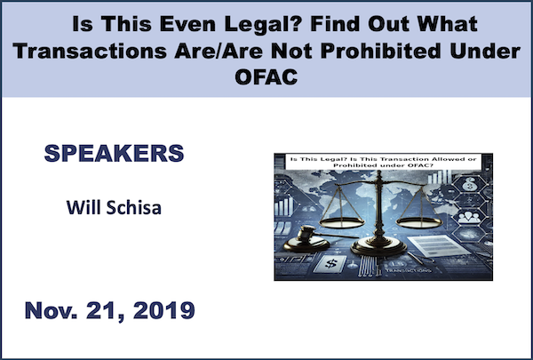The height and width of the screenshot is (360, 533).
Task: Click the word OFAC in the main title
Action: click(x=266, y=77)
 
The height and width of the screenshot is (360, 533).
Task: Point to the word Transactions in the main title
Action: click(x=90, y=51)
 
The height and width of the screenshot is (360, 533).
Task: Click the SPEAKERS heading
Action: click(x=115, y=153)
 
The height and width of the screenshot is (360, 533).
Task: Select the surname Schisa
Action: click(x=134, y=208)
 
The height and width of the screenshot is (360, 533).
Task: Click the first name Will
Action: click(x=84, y=207)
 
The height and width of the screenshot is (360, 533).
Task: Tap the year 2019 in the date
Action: click(x=164, y=310)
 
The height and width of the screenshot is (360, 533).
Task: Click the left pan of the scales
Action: click(x=341, y=223)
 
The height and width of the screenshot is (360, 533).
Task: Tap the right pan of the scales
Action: click(x=419, y=222)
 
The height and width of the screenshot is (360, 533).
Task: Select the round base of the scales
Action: click(x=378, y=247)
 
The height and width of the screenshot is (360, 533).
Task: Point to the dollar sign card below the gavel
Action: click(x=330, y=263)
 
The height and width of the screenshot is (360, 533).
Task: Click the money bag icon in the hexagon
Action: click(x=469, y=184)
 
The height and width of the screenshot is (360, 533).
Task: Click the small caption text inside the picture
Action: click(x=384, y=162)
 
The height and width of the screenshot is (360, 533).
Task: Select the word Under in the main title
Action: click(x=485, y=51)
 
